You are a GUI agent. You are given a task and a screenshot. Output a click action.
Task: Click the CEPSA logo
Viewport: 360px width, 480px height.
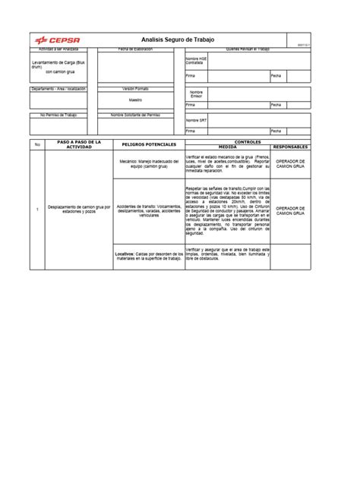58,40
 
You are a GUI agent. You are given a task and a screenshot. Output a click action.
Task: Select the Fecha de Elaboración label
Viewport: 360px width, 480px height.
135,49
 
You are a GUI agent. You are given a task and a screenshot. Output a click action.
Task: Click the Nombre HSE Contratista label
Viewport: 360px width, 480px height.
195,60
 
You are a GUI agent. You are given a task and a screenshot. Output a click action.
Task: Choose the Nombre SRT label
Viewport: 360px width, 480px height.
196,120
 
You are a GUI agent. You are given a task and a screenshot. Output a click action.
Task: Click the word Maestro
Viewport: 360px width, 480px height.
135,99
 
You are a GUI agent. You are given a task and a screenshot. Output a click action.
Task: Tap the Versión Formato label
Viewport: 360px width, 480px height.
135,89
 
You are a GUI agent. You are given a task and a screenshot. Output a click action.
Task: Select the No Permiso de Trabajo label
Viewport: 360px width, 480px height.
59,115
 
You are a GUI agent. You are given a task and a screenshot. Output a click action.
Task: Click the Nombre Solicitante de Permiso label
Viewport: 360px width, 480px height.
135,115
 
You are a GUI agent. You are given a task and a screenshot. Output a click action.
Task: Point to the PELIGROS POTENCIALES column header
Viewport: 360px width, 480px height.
148,144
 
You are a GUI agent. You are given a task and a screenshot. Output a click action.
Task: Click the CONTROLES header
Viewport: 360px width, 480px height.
248,141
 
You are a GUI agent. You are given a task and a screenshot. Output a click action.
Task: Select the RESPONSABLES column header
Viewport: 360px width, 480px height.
291,147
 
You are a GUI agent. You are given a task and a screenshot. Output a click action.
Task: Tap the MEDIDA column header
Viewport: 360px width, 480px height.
227,147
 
